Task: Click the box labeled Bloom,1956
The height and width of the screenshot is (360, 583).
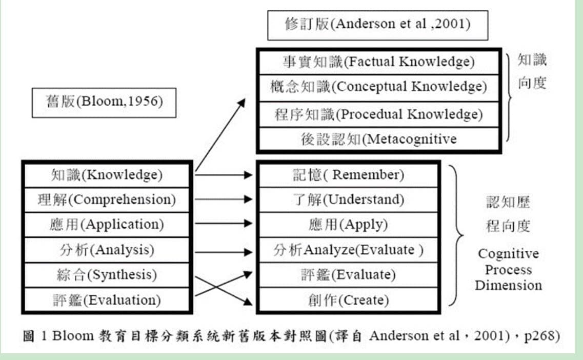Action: pos(104,103)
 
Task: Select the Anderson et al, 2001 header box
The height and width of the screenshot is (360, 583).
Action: pos(378,25)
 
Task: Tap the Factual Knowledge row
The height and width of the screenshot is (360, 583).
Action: pos(379,62)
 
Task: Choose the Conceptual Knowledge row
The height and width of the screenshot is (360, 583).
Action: pos(379,88)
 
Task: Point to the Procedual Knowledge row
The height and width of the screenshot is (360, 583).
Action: pos(379,114)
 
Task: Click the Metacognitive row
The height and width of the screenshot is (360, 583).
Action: pos(379,139)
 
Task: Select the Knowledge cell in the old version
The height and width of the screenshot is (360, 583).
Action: pos(107,175)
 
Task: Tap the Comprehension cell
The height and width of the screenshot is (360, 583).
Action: pos(107,199)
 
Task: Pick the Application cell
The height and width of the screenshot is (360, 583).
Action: pos(107,225)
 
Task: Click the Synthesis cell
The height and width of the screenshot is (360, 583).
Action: pos(107,275)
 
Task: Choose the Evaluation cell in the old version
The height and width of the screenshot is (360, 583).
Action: pos(107,300)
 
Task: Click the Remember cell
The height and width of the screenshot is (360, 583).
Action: pos(348,175)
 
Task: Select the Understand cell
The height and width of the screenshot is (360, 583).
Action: pos(348,199)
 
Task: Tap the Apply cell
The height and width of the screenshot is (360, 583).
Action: pos(348,225)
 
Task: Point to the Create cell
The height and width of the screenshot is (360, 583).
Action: pos(348,300)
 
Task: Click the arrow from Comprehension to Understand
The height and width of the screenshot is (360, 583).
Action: pos(224,199)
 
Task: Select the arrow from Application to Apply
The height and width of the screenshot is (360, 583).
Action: pos(224,223)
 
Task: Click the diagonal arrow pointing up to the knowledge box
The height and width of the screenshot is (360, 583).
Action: pos(220,135)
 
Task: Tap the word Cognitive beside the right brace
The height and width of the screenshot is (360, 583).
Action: pos(508,254)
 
